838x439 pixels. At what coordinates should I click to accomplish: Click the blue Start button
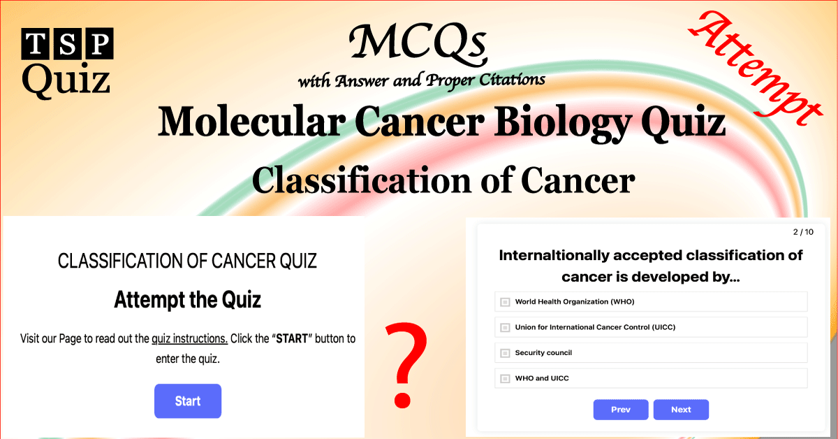pyautogui.click(x=187, y=401)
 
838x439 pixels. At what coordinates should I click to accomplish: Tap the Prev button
pyautogui.click(x=620, y=410)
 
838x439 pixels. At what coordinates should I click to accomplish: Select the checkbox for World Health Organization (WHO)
pyautogui.click(x=505, y=302)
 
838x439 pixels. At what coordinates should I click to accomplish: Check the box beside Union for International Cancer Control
pyautogui.click(x=505, y=327)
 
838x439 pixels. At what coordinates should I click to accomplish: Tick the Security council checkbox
pyautogui.click(x=505, y=353)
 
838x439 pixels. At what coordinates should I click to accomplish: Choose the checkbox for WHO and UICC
pyautogui.click(x=505, y=379)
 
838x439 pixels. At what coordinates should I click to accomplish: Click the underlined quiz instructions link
pyautogui.click(x=189, y=339)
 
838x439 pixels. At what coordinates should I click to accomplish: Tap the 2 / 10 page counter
pyautogui.click(x=803, y=232)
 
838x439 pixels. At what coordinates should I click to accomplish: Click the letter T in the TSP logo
pyautogui.click(x=35, y=44)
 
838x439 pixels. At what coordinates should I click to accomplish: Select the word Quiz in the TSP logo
pyautogui.click(x=66, y=80)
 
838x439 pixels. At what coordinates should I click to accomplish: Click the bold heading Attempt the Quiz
pyautogui.click(x=187, y=300)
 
